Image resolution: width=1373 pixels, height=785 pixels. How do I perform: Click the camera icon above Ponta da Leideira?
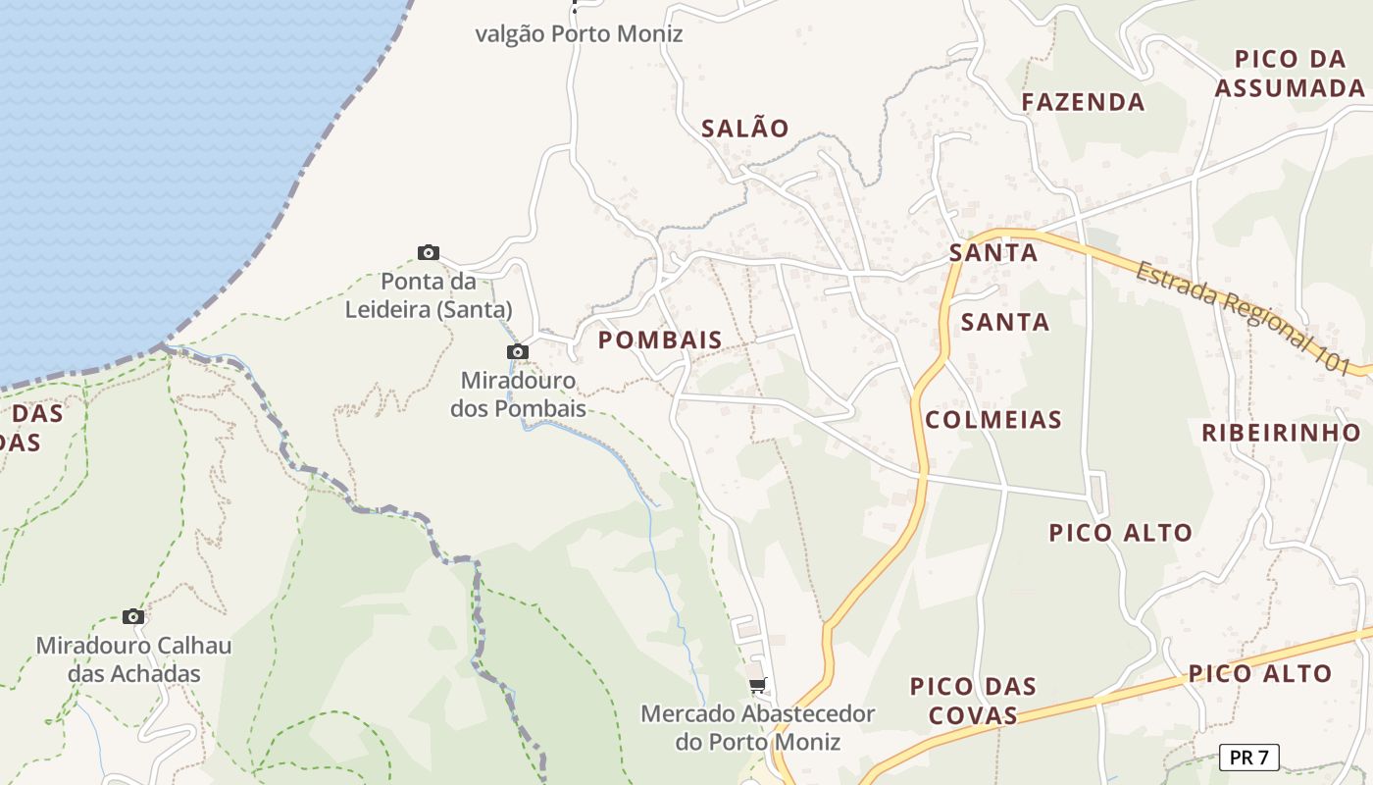pos(429,253)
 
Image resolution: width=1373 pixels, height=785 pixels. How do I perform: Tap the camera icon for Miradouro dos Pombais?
pos(518,352)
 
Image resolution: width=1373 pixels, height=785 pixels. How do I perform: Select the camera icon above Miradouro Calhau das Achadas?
pos(133,617)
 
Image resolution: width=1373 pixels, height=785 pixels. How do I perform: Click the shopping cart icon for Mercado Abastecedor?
pos(757,686)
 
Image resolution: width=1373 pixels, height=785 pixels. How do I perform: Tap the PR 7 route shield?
pos(1249,758)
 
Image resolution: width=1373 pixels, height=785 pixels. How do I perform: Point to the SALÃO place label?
pos(744,129)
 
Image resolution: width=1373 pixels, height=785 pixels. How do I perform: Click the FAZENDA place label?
pos(1083,102)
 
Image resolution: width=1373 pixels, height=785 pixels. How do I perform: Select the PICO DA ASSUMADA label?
pos(1290,74)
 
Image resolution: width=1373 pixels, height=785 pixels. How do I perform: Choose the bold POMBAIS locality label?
pos(660,340)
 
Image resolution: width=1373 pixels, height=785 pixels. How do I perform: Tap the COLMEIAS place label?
pos(993,420)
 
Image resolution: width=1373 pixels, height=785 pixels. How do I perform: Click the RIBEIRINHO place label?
pos(1281,433)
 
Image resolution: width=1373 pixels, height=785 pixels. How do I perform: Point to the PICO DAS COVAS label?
pos(973,701)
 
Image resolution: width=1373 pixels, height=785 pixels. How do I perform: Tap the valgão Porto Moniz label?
pos(579,34)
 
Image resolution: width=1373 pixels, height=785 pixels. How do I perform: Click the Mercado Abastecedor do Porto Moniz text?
pos(757,727)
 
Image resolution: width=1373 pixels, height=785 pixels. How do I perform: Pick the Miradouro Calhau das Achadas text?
pos(133,659)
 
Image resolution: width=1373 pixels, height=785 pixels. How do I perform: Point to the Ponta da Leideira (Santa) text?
pos(429,295)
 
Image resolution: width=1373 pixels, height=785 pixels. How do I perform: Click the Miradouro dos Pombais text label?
pos(518,393)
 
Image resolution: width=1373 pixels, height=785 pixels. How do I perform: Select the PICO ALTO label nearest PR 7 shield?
pos(1259,674)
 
